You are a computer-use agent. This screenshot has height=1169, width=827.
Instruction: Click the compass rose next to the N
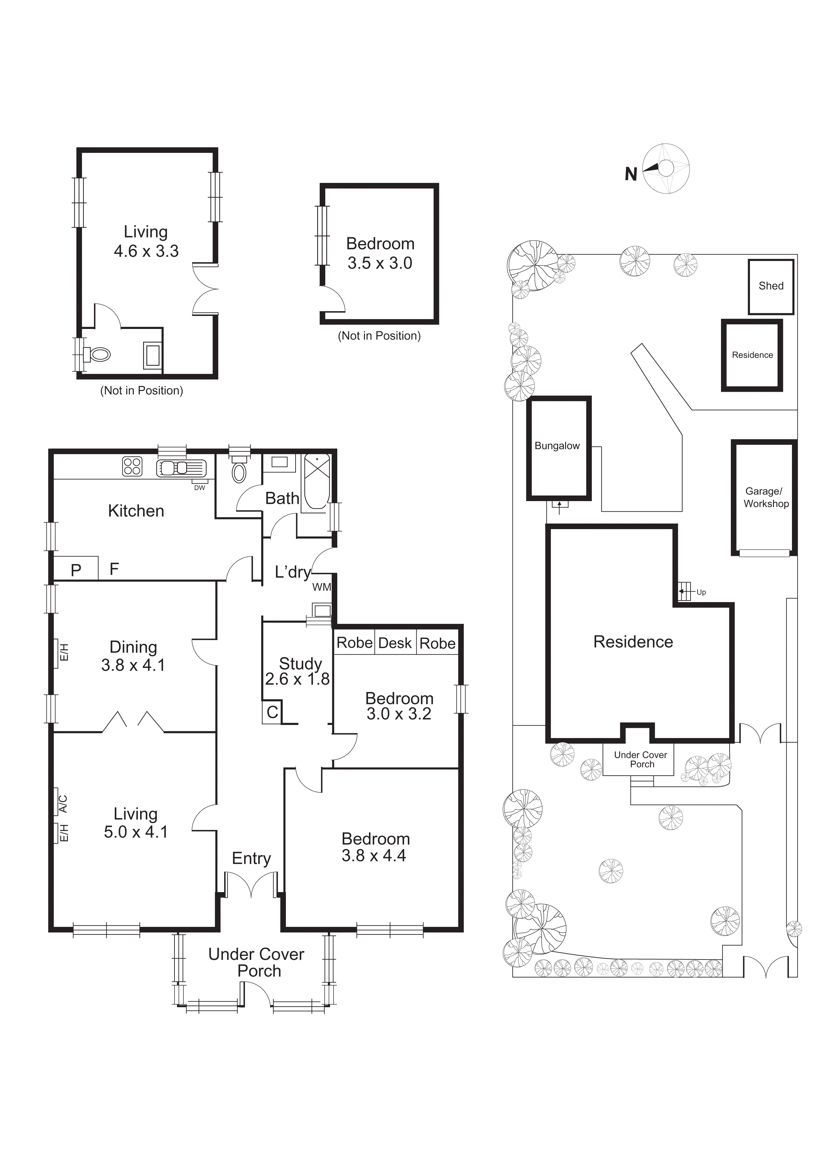point(666,168)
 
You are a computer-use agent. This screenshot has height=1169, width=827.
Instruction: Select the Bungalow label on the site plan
point(557,446)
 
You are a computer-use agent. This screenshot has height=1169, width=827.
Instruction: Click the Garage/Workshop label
point(765,497)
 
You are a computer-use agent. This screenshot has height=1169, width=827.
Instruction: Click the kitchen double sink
point(181,467)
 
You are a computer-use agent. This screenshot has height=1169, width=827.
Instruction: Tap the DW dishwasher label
point(199,488)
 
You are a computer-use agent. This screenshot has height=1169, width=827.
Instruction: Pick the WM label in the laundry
point(321,587)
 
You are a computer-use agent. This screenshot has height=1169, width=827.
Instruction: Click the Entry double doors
point(252,884)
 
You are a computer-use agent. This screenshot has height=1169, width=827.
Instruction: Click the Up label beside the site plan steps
point(701,592)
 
